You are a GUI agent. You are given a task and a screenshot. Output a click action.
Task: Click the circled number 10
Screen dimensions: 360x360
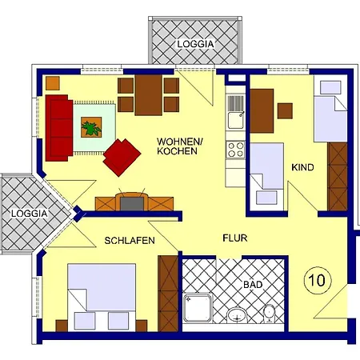315,280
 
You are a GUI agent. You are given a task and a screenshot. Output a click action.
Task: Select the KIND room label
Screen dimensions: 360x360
302,167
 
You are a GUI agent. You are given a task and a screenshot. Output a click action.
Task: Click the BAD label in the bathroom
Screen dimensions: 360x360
253,284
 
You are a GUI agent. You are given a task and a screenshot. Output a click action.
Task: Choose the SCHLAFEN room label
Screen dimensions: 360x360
130,240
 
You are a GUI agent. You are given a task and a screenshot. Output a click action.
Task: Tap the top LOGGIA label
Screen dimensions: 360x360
195,44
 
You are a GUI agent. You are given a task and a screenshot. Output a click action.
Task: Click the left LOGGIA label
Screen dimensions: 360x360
29,214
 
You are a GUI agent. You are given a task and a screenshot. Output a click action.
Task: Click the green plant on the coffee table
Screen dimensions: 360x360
90,126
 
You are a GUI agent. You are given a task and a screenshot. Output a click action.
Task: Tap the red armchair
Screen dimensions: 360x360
122,157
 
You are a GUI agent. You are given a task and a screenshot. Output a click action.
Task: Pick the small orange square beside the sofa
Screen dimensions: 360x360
52,82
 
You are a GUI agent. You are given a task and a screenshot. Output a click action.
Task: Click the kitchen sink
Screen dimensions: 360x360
234,120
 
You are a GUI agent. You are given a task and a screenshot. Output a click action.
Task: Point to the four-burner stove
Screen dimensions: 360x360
235,150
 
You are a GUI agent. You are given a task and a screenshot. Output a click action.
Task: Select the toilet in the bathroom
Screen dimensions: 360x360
270,313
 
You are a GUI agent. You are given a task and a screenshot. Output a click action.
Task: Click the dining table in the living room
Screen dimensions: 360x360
149,94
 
